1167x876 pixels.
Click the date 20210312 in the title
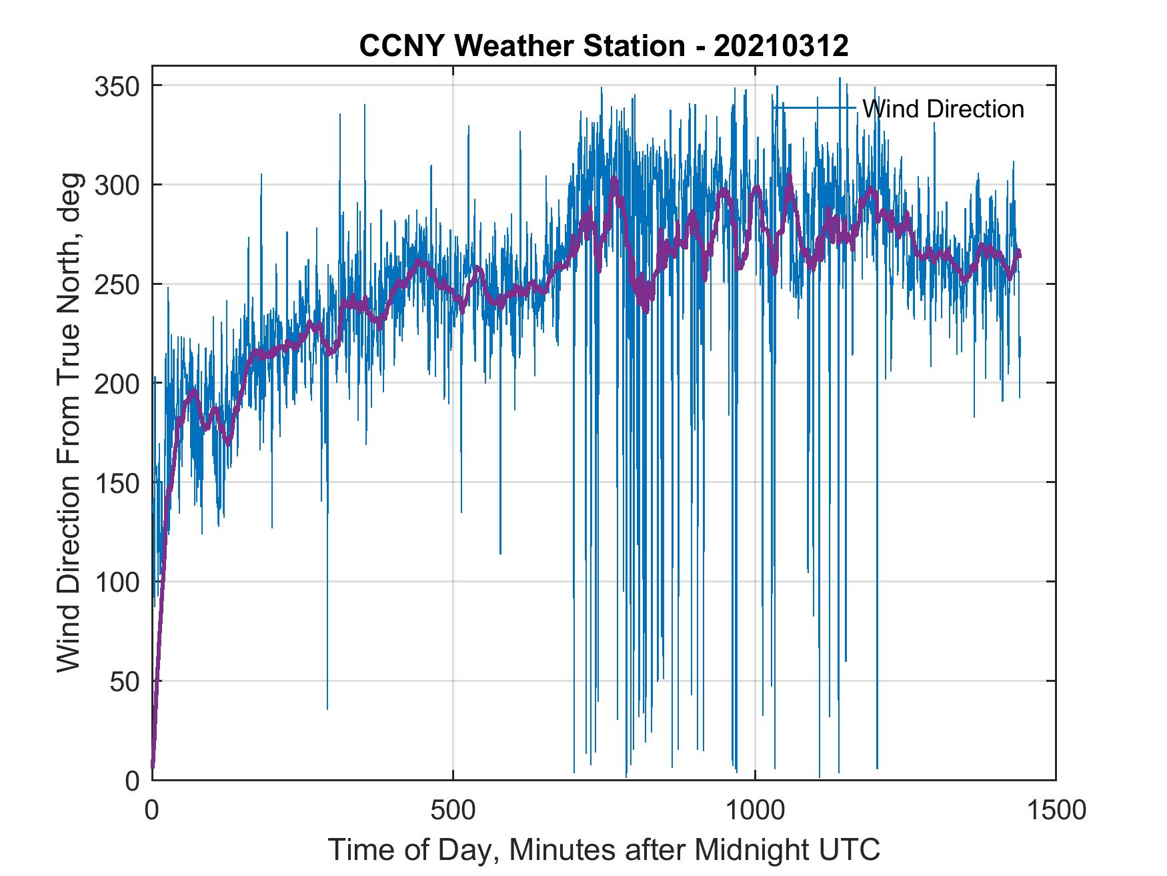781,46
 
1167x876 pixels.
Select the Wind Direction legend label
943,109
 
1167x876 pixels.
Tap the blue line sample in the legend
814,107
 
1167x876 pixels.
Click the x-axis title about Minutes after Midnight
604,849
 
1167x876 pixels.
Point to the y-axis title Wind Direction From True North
69,422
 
